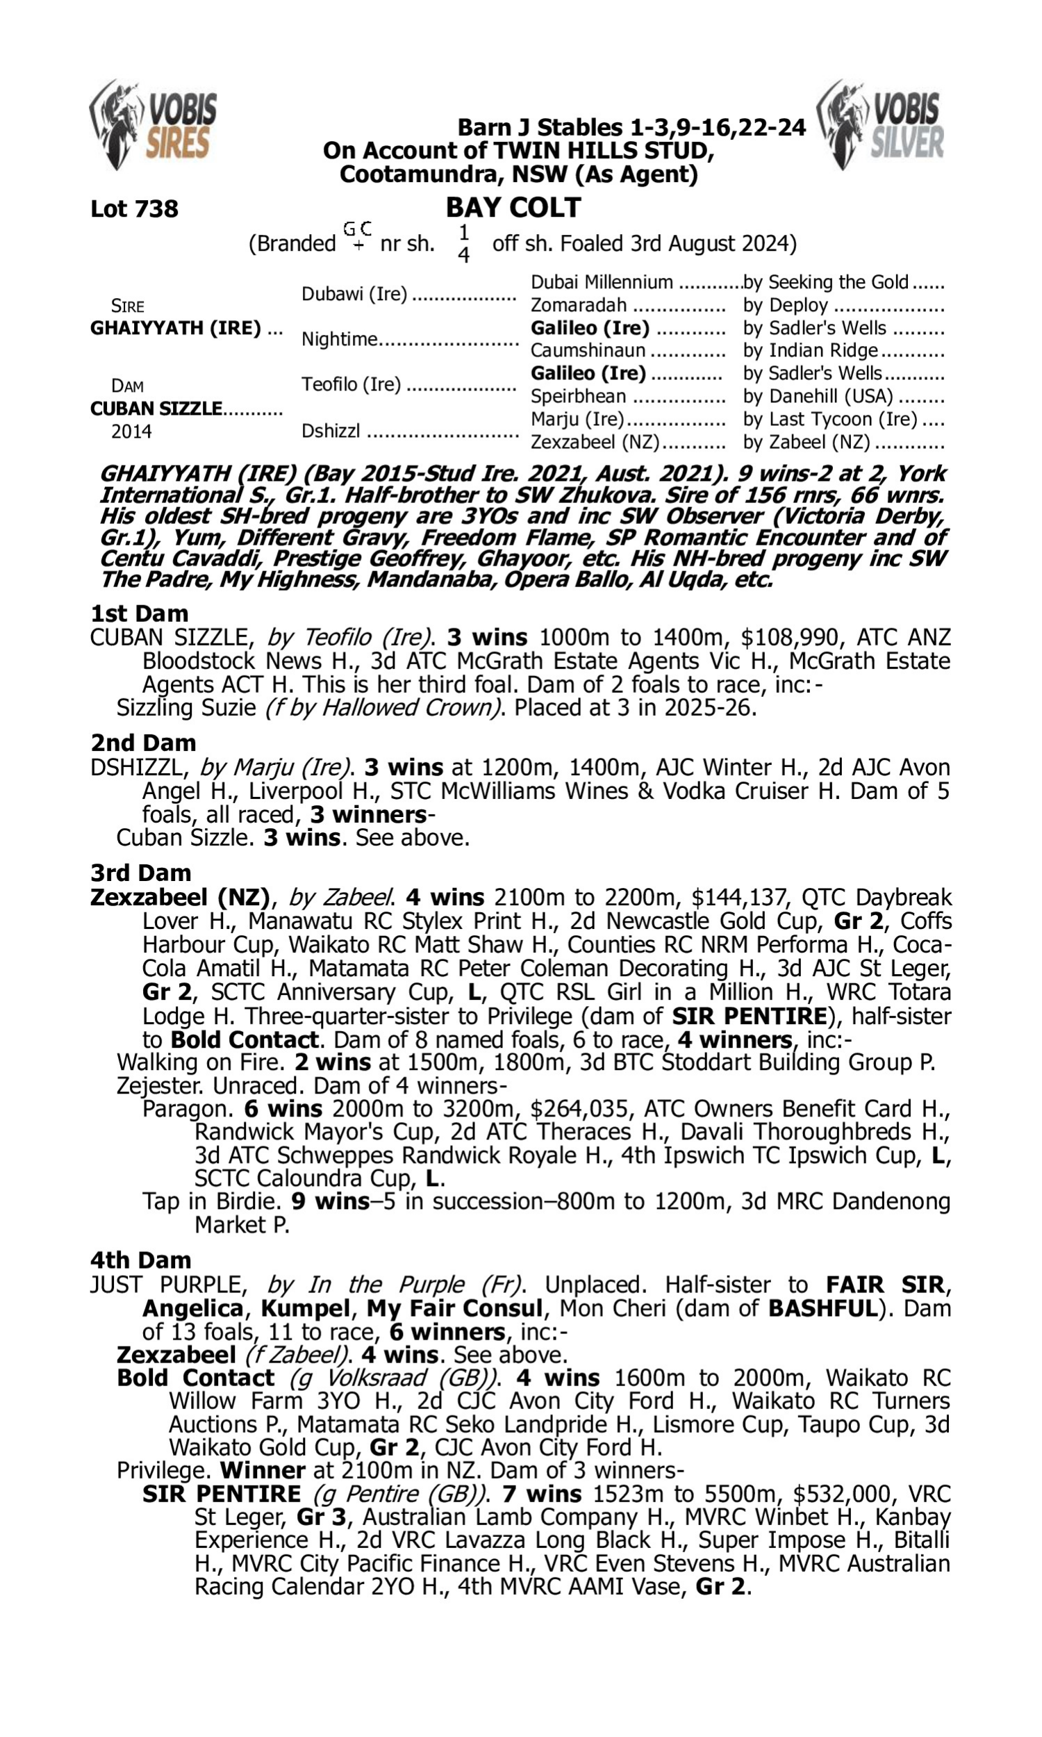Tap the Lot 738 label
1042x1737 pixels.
[134, 208]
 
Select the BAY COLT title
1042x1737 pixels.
[513, 207]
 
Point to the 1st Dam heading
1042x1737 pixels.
[139, 613]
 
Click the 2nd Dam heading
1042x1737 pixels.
[142, 742]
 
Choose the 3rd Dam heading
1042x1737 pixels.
[140, 872]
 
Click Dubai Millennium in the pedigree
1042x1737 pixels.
[601, 282]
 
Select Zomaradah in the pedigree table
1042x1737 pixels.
[578, 305]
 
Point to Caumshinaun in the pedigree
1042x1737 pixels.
[587, 350]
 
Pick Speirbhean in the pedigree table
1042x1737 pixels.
[578, 396]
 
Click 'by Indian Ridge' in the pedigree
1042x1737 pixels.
[810, 350]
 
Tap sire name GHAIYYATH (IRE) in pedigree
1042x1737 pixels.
[176, 328]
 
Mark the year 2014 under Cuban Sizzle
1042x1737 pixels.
[131, 431]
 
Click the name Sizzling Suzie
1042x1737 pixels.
[185, 707]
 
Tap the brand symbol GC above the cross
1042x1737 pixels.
[356, 228]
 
